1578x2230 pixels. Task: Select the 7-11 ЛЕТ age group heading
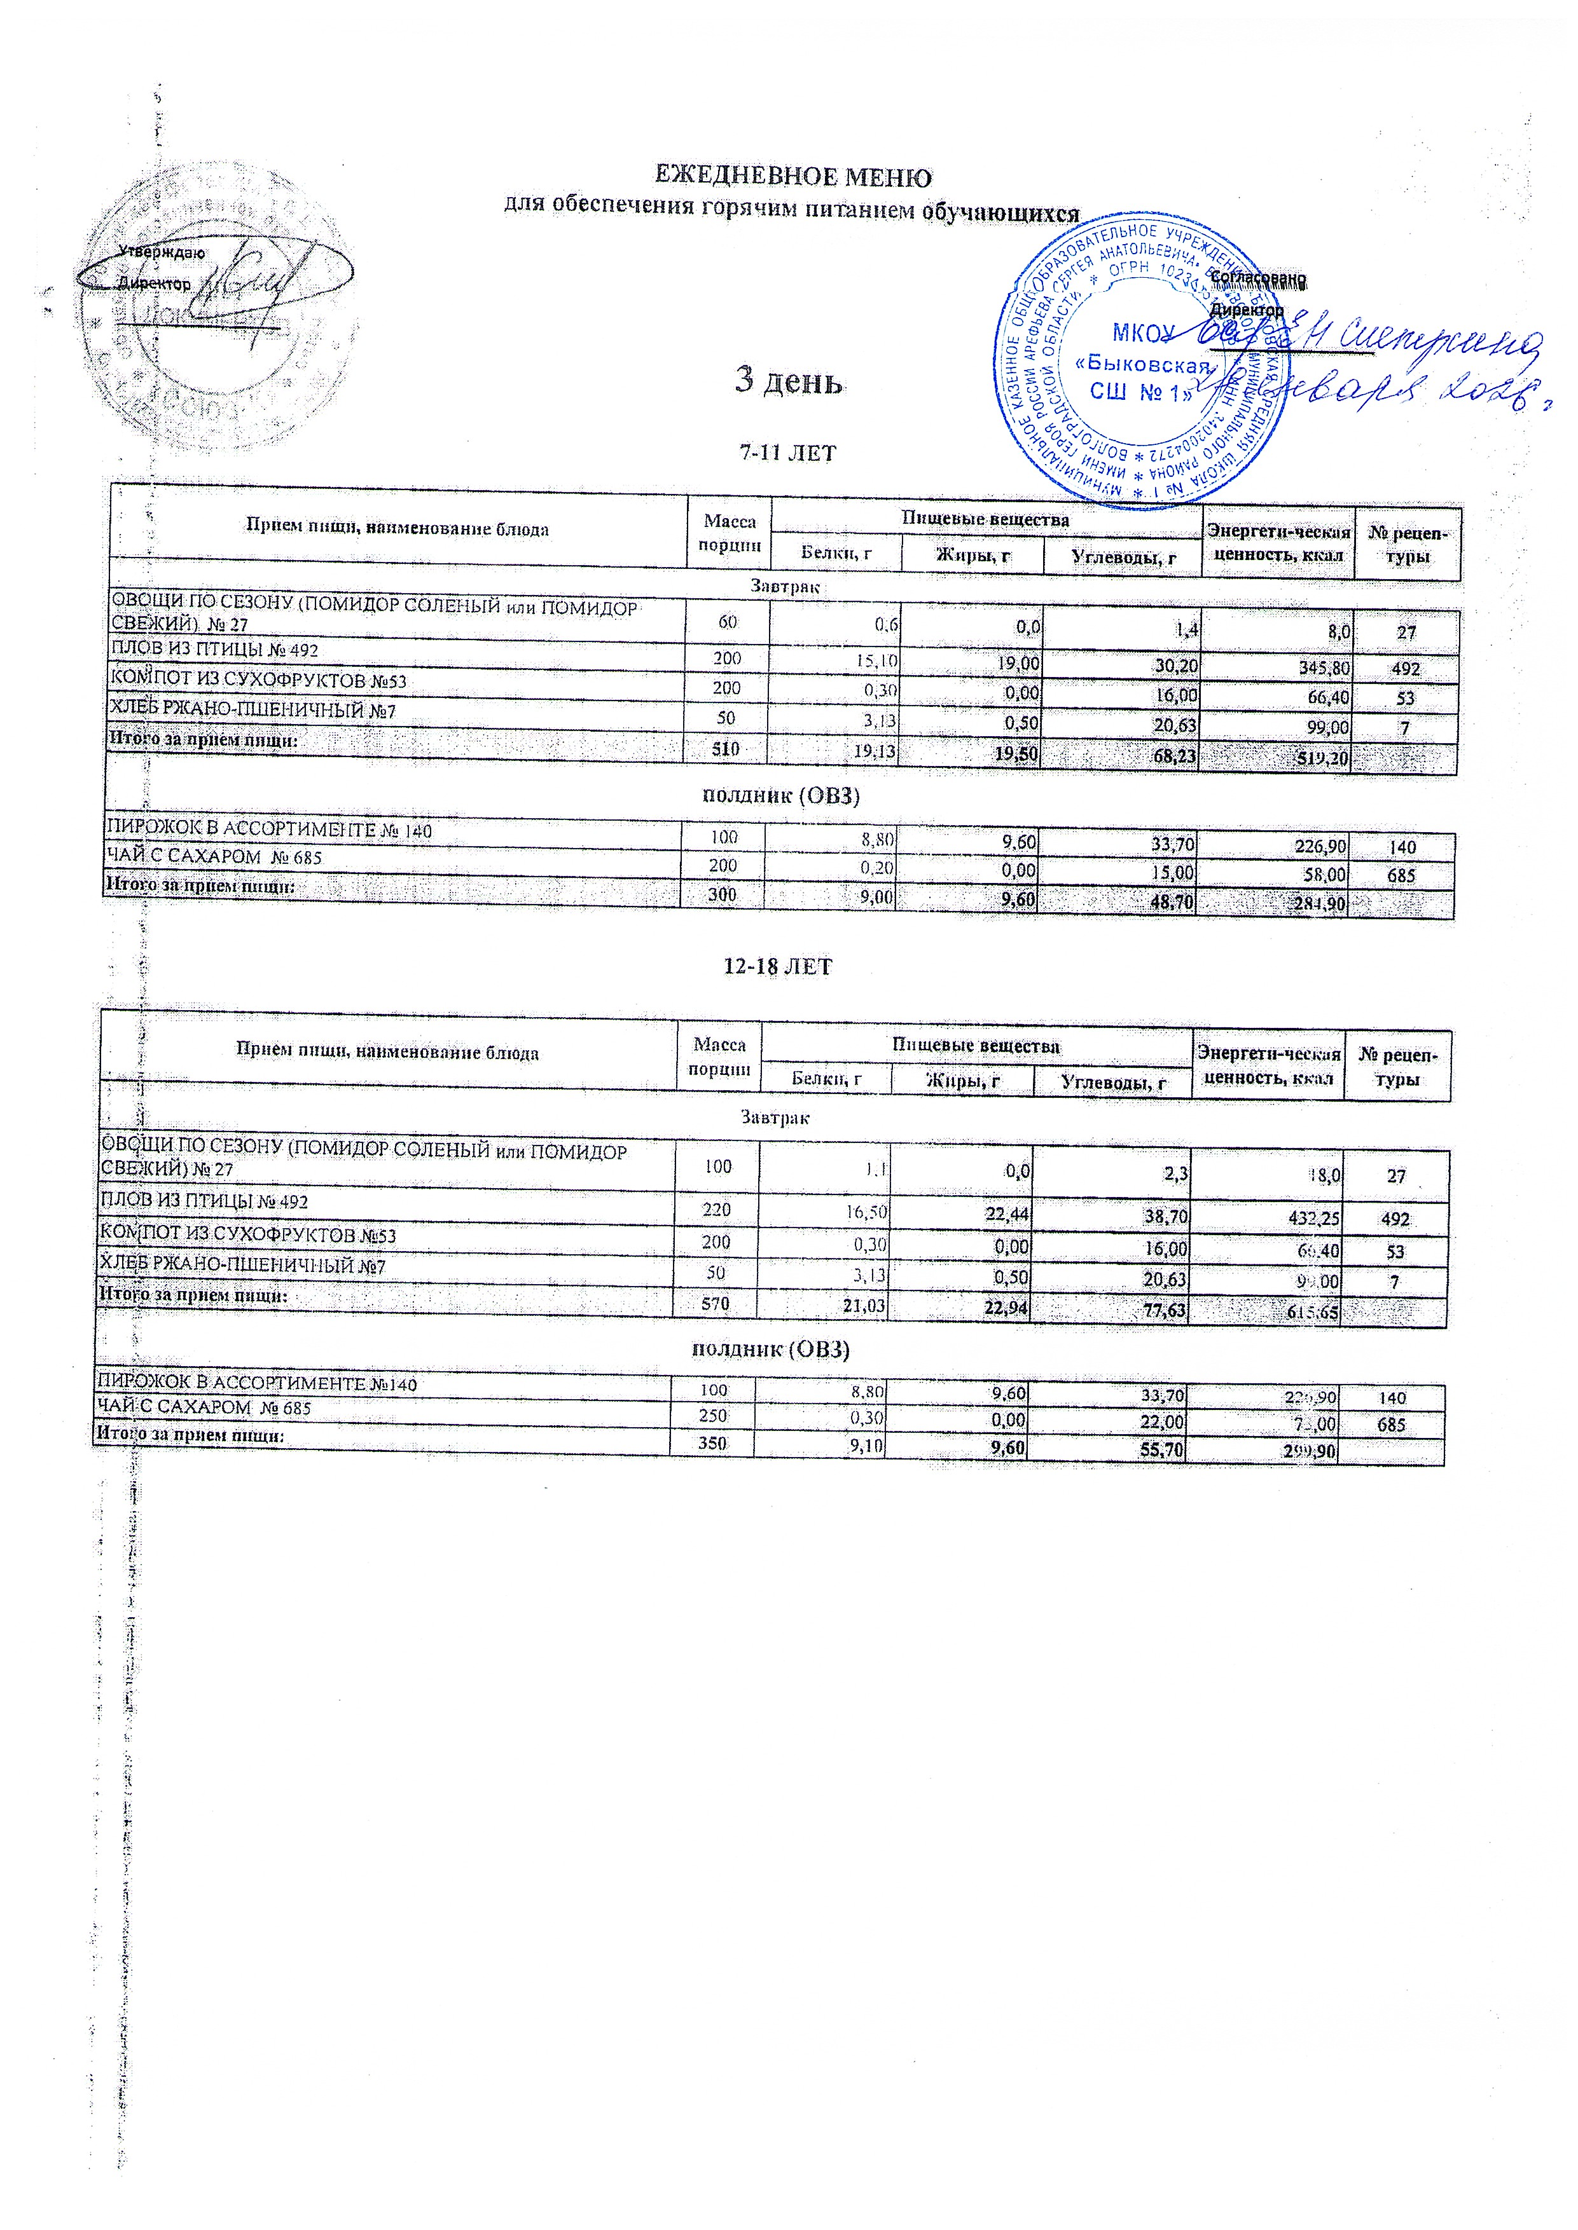pos(788,453)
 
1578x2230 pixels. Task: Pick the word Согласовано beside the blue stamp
pos(1258,278)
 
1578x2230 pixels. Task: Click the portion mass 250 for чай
pos(712,1416)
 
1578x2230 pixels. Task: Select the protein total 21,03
pos(863,1305)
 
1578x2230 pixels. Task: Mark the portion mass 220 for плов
pos(716,1210)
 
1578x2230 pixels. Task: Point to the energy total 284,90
pos(1318,903)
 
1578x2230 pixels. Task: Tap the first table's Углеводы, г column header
pos(1123,556)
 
